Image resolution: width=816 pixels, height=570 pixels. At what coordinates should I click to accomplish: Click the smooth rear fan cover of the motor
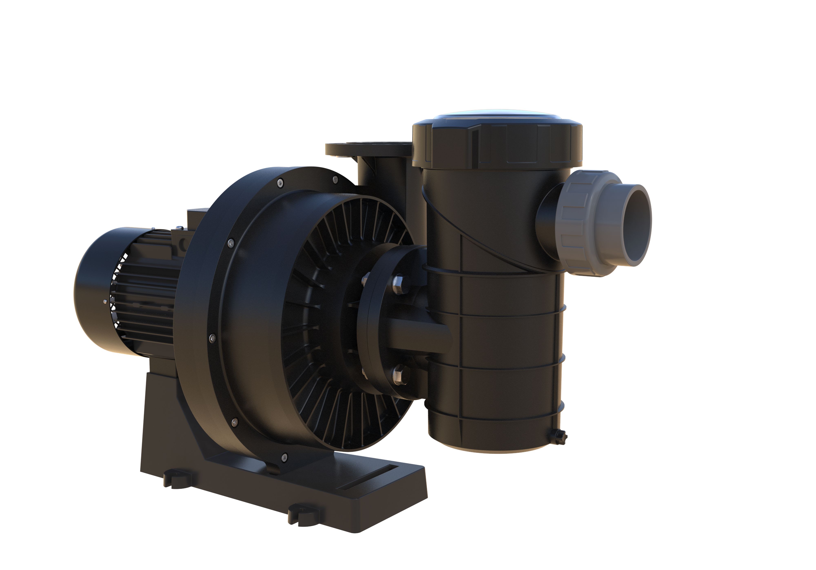click(91, 291)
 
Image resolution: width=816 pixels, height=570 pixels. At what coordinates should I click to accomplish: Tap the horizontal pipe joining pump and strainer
click(419, 334)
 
